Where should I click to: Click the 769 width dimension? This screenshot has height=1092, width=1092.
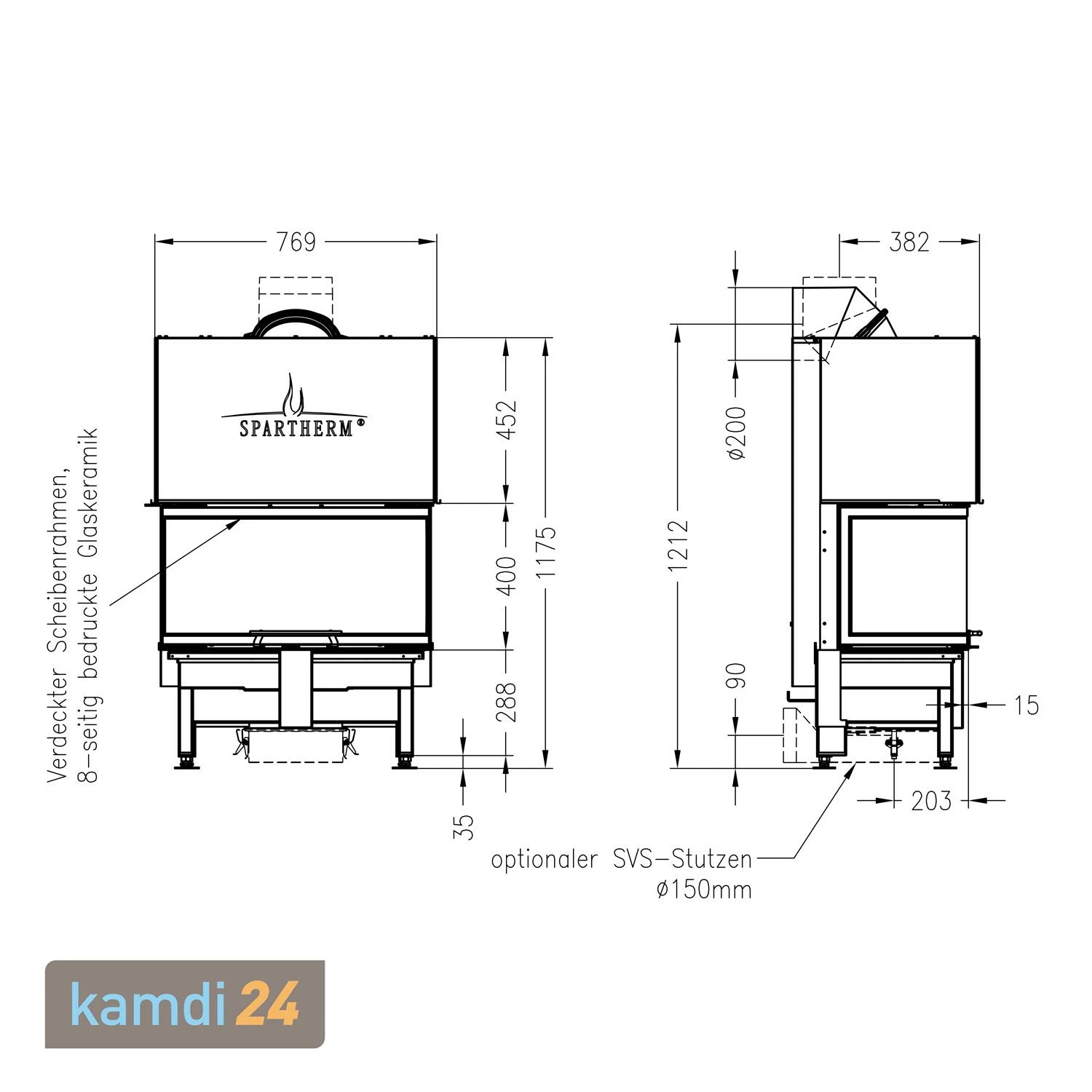(296, 242)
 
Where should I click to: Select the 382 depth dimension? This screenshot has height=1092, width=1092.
(909, 242)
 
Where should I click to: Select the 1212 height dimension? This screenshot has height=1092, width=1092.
(678, 545)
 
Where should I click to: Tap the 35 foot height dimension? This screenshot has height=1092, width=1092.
(463, 826)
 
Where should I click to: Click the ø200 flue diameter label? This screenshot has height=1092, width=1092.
(736, 432)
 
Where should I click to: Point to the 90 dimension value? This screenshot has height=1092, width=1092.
(736, 676)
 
